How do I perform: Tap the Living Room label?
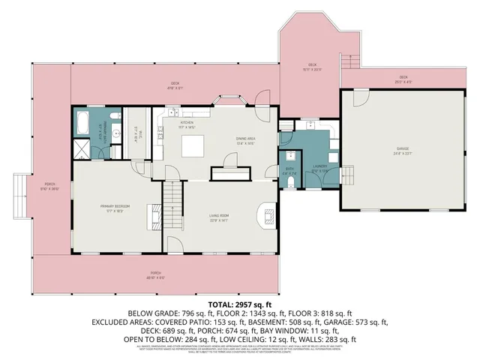(219, 217)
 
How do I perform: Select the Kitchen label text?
(187, 123)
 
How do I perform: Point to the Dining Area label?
(246, 140)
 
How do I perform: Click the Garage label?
(403, 149)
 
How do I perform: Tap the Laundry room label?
(320, 169)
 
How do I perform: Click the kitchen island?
(190, 145)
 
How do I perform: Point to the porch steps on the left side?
(20, 193)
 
